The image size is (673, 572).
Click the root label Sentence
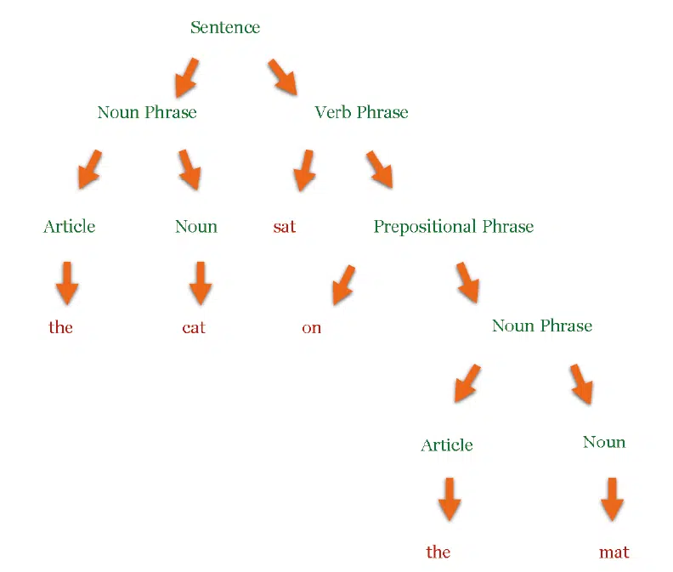pyautogui.click(x=225, y=27)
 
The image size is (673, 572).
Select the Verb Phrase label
pyautogui.click(x=361, y=112)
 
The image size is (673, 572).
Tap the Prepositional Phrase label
pyautogui.click(x=454, y=227)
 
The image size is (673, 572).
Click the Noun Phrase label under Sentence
pyautogui.click(x=147, y=112)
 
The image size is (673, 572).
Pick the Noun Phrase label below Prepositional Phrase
pyautogui.click(x=542, y=326)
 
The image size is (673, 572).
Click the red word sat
pyautogui.click(x=285, y=227)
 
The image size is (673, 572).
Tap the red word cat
pyautogui.click(x=194, y=328)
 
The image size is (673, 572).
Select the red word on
pyautogui.click(x=312, y=328)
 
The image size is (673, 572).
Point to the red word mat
pyautogui.click(x=614, y=552)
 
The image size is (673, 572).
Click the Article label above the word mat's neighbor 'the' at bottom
pyautogui.click(x=447, y=445)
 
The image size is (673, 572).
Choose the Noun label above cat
pyautogui.click(x=196, y=227)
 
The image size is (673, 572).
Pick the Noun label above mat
pyautogui.click(x=604, y=442)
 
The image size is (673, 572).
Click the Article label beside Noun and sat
pyautogui.click(x=70, y=226)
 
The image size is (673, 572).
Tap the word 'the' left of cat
pyautogui.click(x=60, y=327)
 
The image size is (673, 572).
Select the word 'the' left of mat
pyautogui.click(x=438, y=552)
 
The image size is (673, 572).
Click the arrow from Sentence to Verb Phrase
pyautogui.click(x=283, y=76)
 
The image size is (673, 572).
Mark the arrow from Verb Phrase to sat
pyautogui.click(x=304, y=171)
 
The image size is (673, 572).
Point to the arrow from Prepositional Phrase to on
pyautogui.click(x=343, y=285)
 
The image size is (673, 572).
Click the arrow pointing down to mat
pyautogui.click(x=612, y=500)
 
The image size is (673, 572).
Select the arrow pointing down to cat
pyautogui.click(x=201, y=283)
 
